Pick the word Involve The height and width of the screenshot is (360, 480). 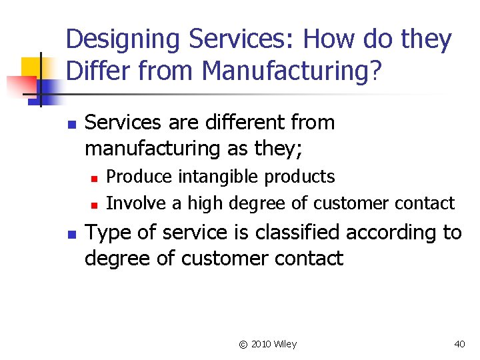134,203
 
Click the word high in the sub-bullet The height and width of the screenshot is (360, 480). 206,203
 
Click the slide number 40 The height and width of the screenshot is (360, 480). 459,344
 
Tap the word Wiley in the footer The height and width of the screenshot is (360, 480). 285,344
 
